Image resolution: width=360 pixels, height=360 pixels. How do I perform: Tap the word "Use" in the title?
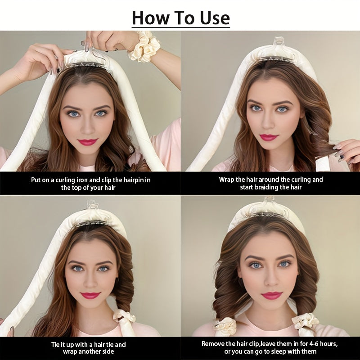[212, 18]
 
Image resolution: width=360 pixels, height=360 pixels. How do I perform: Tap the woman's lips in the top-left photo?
[87, 142]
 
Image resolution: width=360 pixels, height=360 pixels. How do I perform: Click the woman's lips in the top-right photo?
[269, 137]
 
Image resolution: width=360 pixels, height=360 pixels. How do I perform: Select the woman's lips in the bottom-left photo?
[90, 295]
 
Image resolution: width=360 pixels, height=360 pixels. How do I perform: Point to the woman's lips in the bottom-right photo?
[271, 295]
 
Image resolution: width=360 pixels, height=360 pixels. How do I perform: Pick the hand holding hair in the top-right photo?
[346, 151]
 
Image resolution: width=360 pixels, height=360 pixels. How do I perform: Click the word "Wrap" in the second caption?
[227, 180]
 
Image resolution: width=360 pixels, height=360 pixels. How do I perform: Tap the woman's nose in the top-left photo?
[87, 127]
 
